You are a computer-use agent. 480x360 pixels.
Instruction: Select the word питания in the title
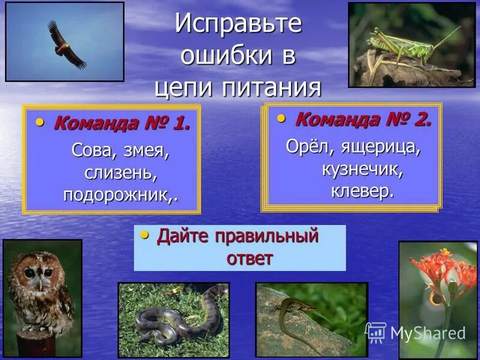point(272,88)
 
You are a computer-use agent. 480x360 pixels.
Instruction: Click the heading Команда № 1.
point(122,124)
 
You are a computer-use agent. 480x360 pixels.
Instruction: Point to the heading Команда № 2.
point(363,119)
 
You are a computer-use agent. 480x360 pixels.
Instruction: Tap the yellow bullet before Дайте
point(144,234)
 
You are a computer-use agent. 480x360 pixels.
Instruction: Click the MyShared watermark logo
point(416,332)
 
